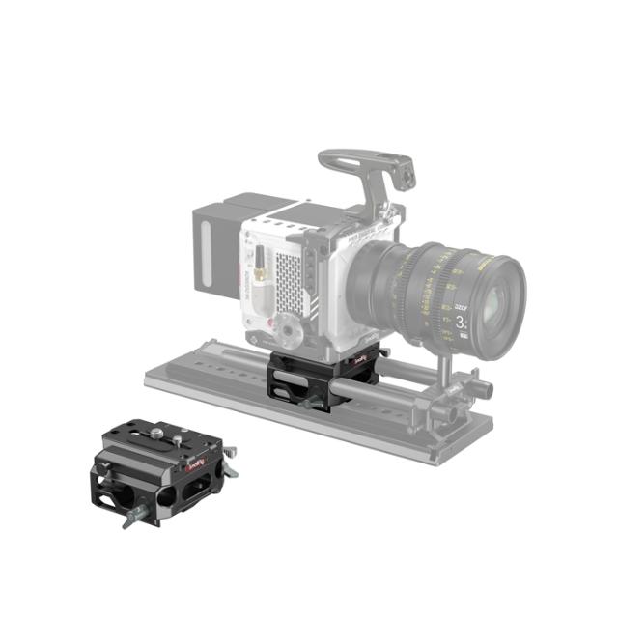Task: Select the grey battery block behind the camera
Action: point(216,246)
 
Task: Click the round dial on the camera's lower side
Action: point(289,333)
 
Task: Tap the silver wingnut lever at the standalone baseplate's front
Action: point(129,518)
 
